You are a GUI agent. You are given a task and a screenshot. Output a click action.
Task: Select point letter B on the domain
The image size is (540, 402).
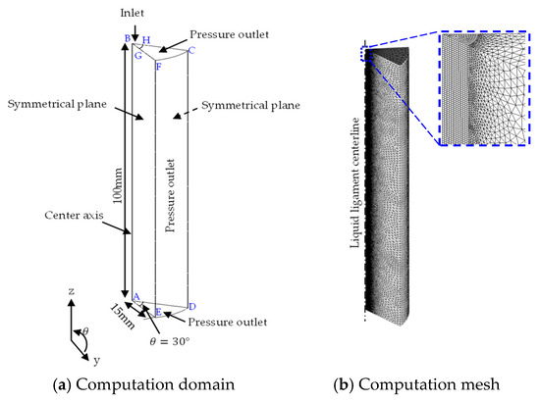pyautogui.click(x=127, y=39)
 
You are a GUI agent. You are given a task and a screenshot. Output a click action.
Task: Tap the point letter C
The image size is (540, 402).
pyautogui.click(x=191, y=50)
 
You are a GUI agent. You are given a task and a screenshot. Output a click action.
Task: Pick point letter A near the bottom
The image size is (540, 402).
pyautogui.click(x=136, y=296)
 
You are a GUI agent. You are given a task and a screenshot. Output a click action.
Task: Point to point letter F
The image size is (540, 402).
pyautogui.click(x=158, y=67)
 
